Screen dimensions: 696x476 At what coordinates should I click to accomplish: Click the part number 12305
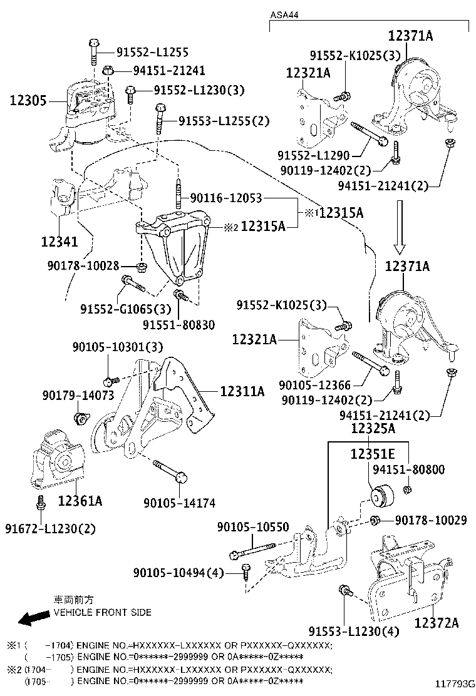point(28,100)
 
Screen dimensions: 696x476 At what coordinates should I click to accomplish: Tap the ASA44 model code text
point(284,14)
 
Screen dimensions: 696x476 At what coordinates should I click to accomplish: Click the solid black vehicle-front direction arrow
point(34,618)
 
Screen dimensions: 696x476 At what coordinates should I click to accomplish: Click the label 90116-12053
point(225,198)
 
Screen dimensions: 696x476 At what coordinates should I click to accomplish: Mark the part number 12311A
point(242,392)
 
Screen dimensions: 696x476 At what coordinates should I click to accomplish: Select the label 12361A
point(80,501)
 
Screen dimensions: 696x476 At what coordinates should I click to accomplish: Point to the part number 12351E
point(373,453)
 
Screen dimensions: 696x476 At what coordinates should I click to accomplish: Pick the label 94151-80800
point(408,469)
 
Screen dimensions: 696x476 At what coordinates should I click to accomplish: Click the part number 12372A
point(436,622)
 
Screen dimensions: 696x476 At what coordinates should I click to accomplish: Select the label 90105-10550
point(253,527)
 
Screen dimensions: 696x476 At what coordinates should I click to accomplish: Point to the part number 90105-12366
point(315,386)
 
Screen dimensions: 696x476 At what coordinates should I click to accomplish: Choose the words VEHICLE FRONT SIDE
point(102,612)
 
